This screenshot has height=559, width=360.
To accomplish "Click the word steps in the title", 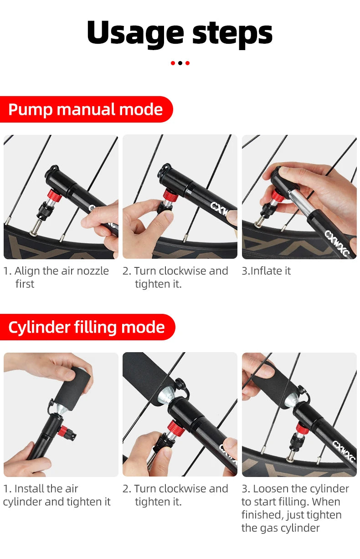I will (x=232, y=33).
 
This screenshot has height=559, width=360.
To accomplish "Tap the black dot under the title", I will (x=180, y=63).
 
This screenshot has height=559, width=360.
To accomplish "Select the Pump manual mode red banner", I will (x=86, y=109).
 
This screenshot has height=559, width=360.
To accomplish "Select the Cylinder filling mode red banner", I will (x=87, y=327).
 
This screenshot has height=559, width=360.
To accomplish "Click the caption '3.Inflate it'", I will (x=266, y=271).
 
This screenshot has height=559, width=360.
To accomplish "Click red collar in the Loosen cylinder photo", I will (x=302, y=428).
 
